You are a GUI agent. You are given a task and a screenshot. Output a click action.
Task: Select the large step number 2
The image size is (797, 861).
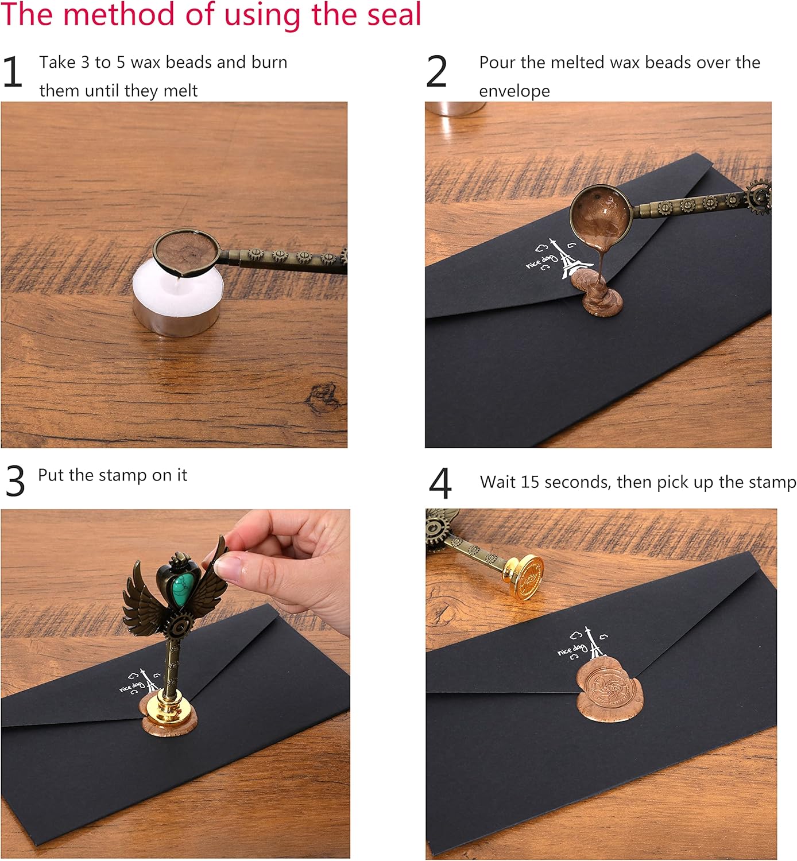[x=436, y=72]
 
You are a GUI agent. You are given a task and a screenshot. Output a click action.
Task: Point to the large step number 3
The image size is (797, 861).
[x=16, y=481]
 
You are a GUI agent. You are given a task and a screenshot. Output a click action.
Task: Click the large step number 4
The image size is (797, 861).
[x=440, y=484]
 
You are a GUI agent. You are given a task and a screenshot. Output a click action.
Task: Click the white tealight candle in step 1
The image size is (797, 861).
[x=177, y=300]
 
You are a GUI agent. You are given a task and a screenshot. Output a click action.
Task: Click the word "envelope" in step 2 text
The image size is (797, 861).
[x=514, y=91]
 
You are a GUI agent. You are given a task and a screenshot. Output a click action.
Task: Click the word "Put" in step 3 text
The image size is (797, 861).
[x=51, y=475]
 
